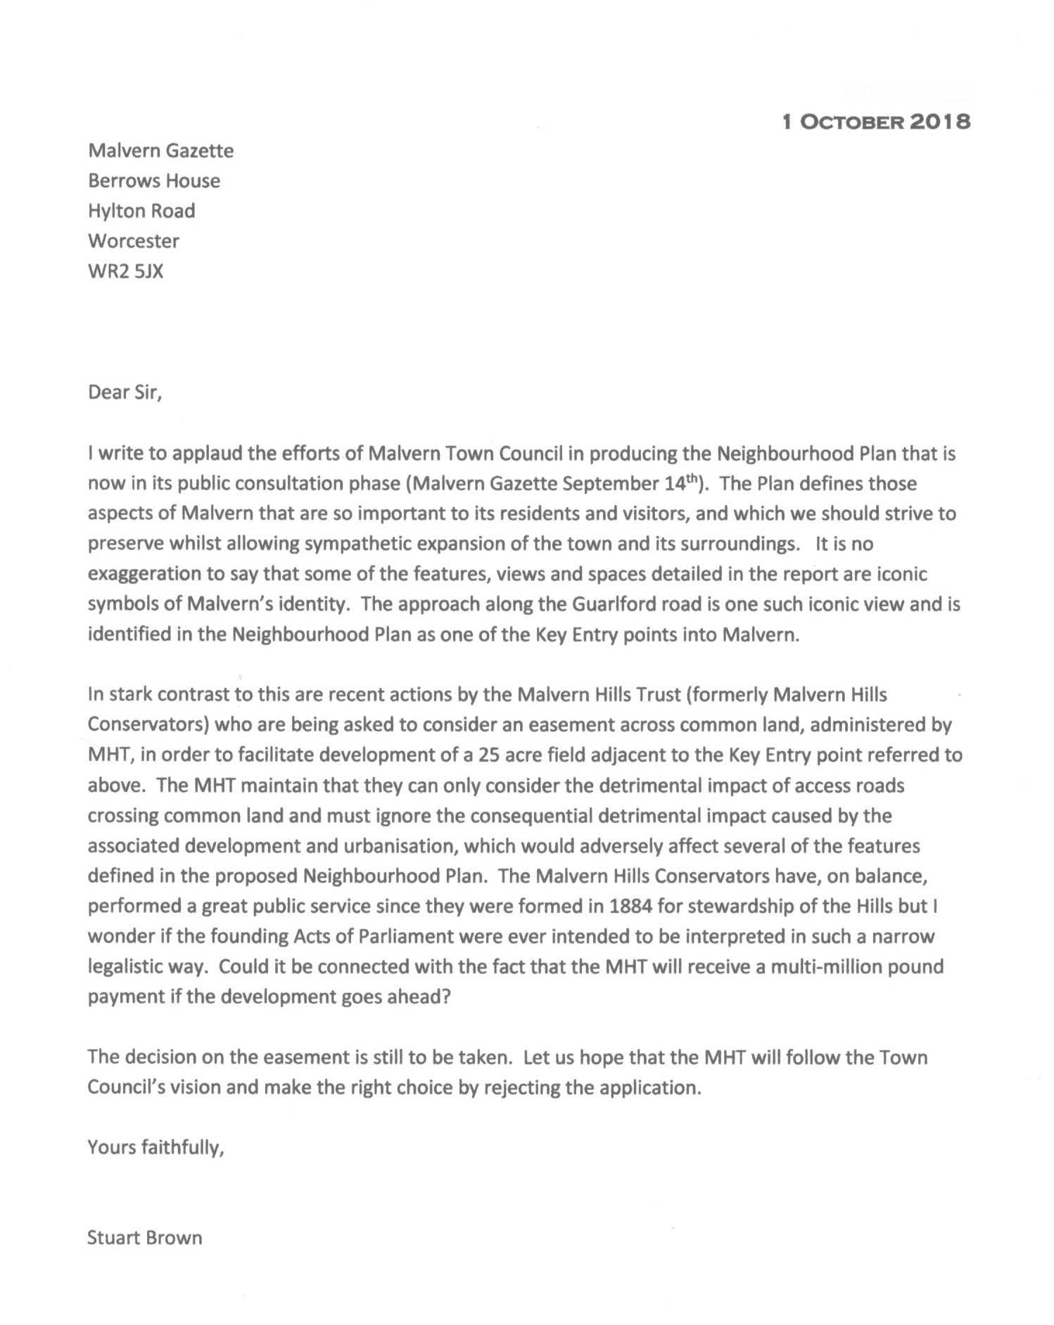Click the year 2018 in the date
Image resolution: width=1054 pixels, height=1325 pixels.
(940, 122)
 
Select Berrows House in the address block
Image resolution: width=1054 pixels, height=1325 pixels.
(154, 181)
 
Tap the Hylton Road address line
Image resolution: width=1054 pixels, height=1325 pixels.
(141, 211)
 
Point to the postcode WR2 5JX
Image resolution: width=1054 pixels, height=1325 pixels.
(125, 271)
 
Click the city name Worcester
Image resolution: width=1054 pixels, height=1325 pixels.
(134, 241)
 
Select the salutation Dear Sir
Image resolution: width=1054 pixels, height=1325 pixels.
(125, 392)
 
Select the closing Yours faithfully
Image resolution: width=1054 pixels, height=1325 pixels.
(155, 1148)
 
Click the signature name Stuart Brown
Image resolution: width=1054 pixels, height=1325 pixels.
(144, 1238)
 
